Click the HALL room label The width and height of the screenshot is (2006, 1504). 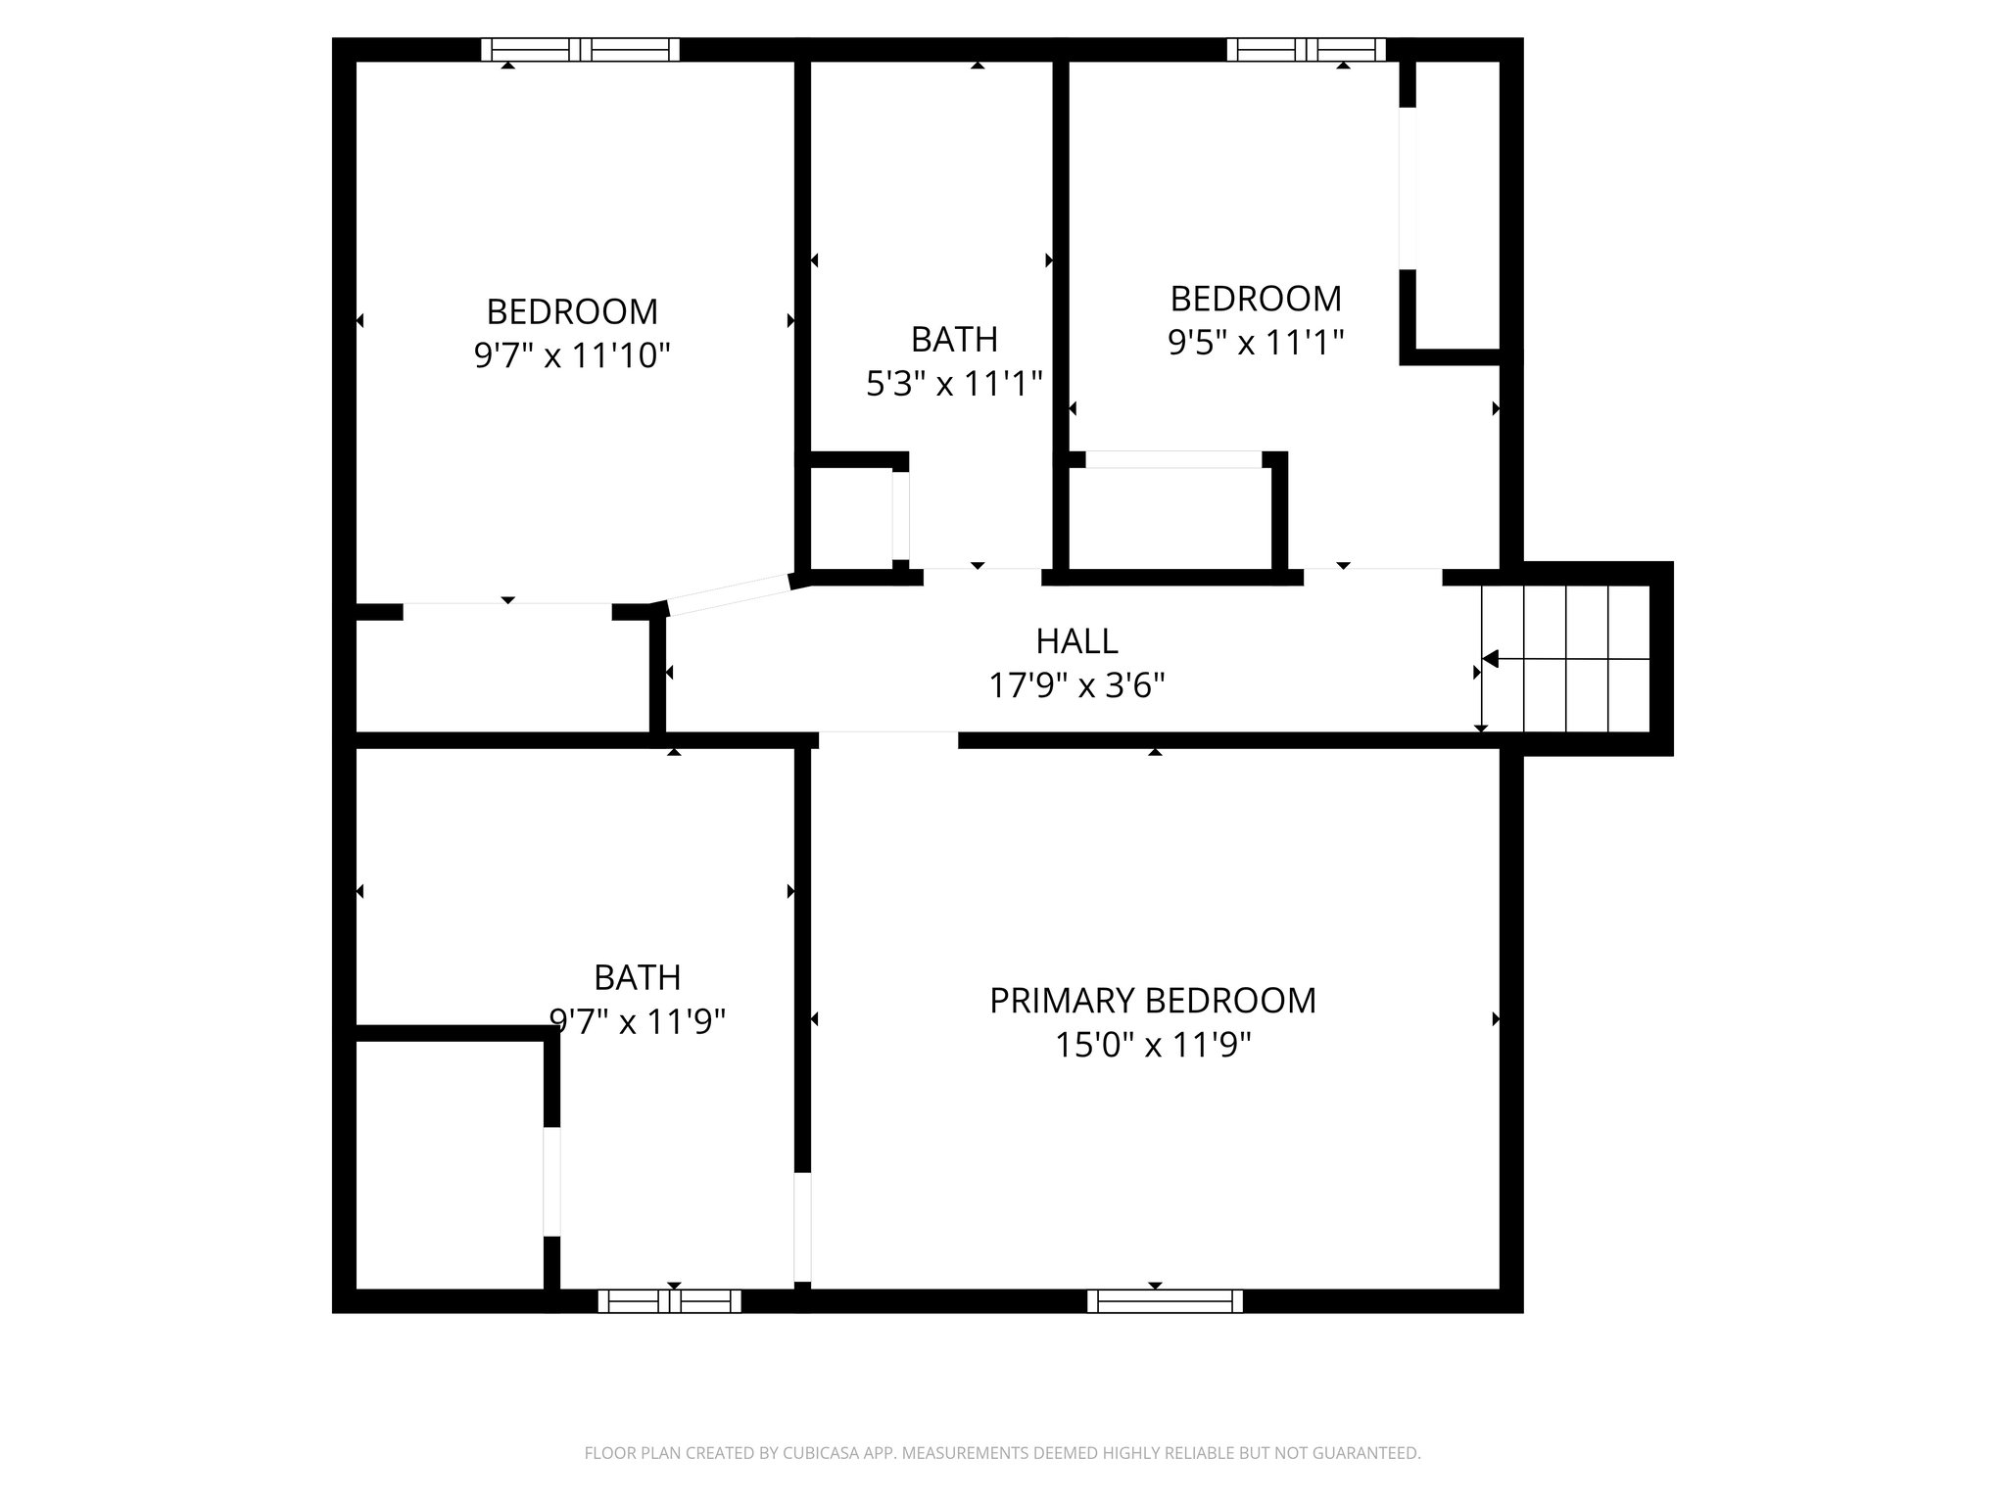pos(1076,641)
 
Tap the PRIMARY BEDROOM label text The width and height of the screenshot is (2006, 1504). pos(1153,1001)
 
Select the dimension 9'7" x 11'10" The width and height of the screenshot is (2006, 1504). pos(572,355)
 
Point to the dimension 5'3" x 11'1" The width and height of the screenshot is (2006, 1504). pos(954,384)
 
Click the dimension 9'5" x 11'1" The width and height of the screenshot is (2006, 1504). pos(1255,343)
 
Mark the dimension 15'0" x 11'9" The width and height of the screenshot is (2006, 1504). pos(1153,1046)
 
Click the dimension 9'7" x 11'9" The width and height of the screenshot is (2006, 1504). pos(638,1022)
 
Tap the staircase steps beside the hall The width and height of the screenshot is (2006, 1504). pos(1567,658)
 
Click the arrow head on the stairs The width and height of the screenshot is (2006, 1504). pos(1491,659)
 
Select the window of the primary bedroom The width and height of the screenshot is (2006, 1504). pos(1165,1300)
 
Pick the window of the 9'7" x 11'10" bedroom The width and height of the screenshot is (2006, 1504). pos(580,50)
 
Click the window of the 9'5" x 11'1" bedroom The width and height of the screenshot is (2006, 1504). pos(1306,50)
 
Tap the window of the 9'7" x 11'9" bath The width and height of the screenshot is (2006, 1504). pos(670,1300)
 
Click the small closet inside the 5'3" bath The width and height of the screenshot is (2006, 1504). pos(848,519)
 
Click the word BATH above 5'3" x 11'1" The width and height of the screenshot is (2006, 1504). pos(954,340)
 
